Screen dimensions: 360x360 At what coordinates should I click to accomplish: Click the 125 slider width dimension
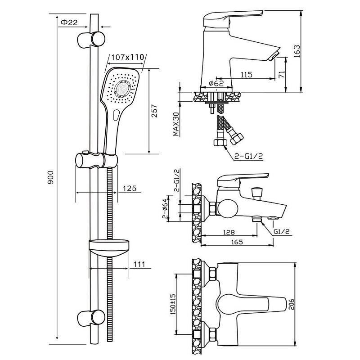click(129, 189)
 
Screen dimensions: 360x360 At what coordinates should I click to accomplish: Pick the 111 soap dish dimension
click(139, 264)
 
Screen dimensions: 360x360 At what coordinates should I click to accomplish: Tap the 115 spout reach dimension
click(246, 75)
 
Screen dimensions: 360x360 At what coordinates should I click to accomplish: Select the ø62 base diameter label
click(216, 83)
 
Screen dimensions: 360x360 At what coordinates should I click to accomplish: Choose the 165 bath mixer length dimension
click(238, 242)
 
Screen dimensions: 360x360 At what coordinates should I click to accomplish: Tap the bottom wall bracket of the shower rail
click(93, 318)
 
